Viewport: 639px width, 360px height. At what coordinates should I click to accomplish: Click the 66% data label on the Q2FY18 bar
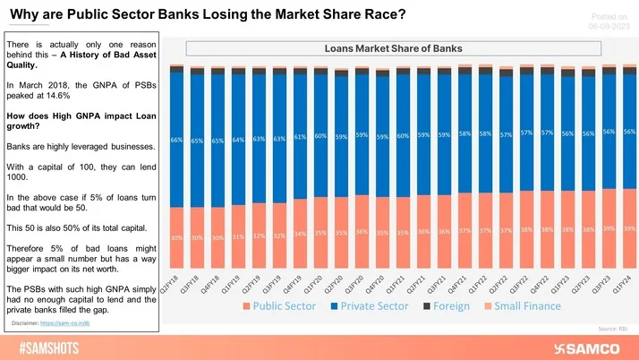[x=176, y=140]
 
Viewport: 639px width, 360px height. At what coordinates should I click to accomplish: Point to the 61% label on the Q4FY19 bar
[x=300, y=137]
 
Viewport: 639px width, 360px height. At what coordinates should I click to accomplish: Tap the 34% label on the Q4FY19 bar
[x=300, y=234]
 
